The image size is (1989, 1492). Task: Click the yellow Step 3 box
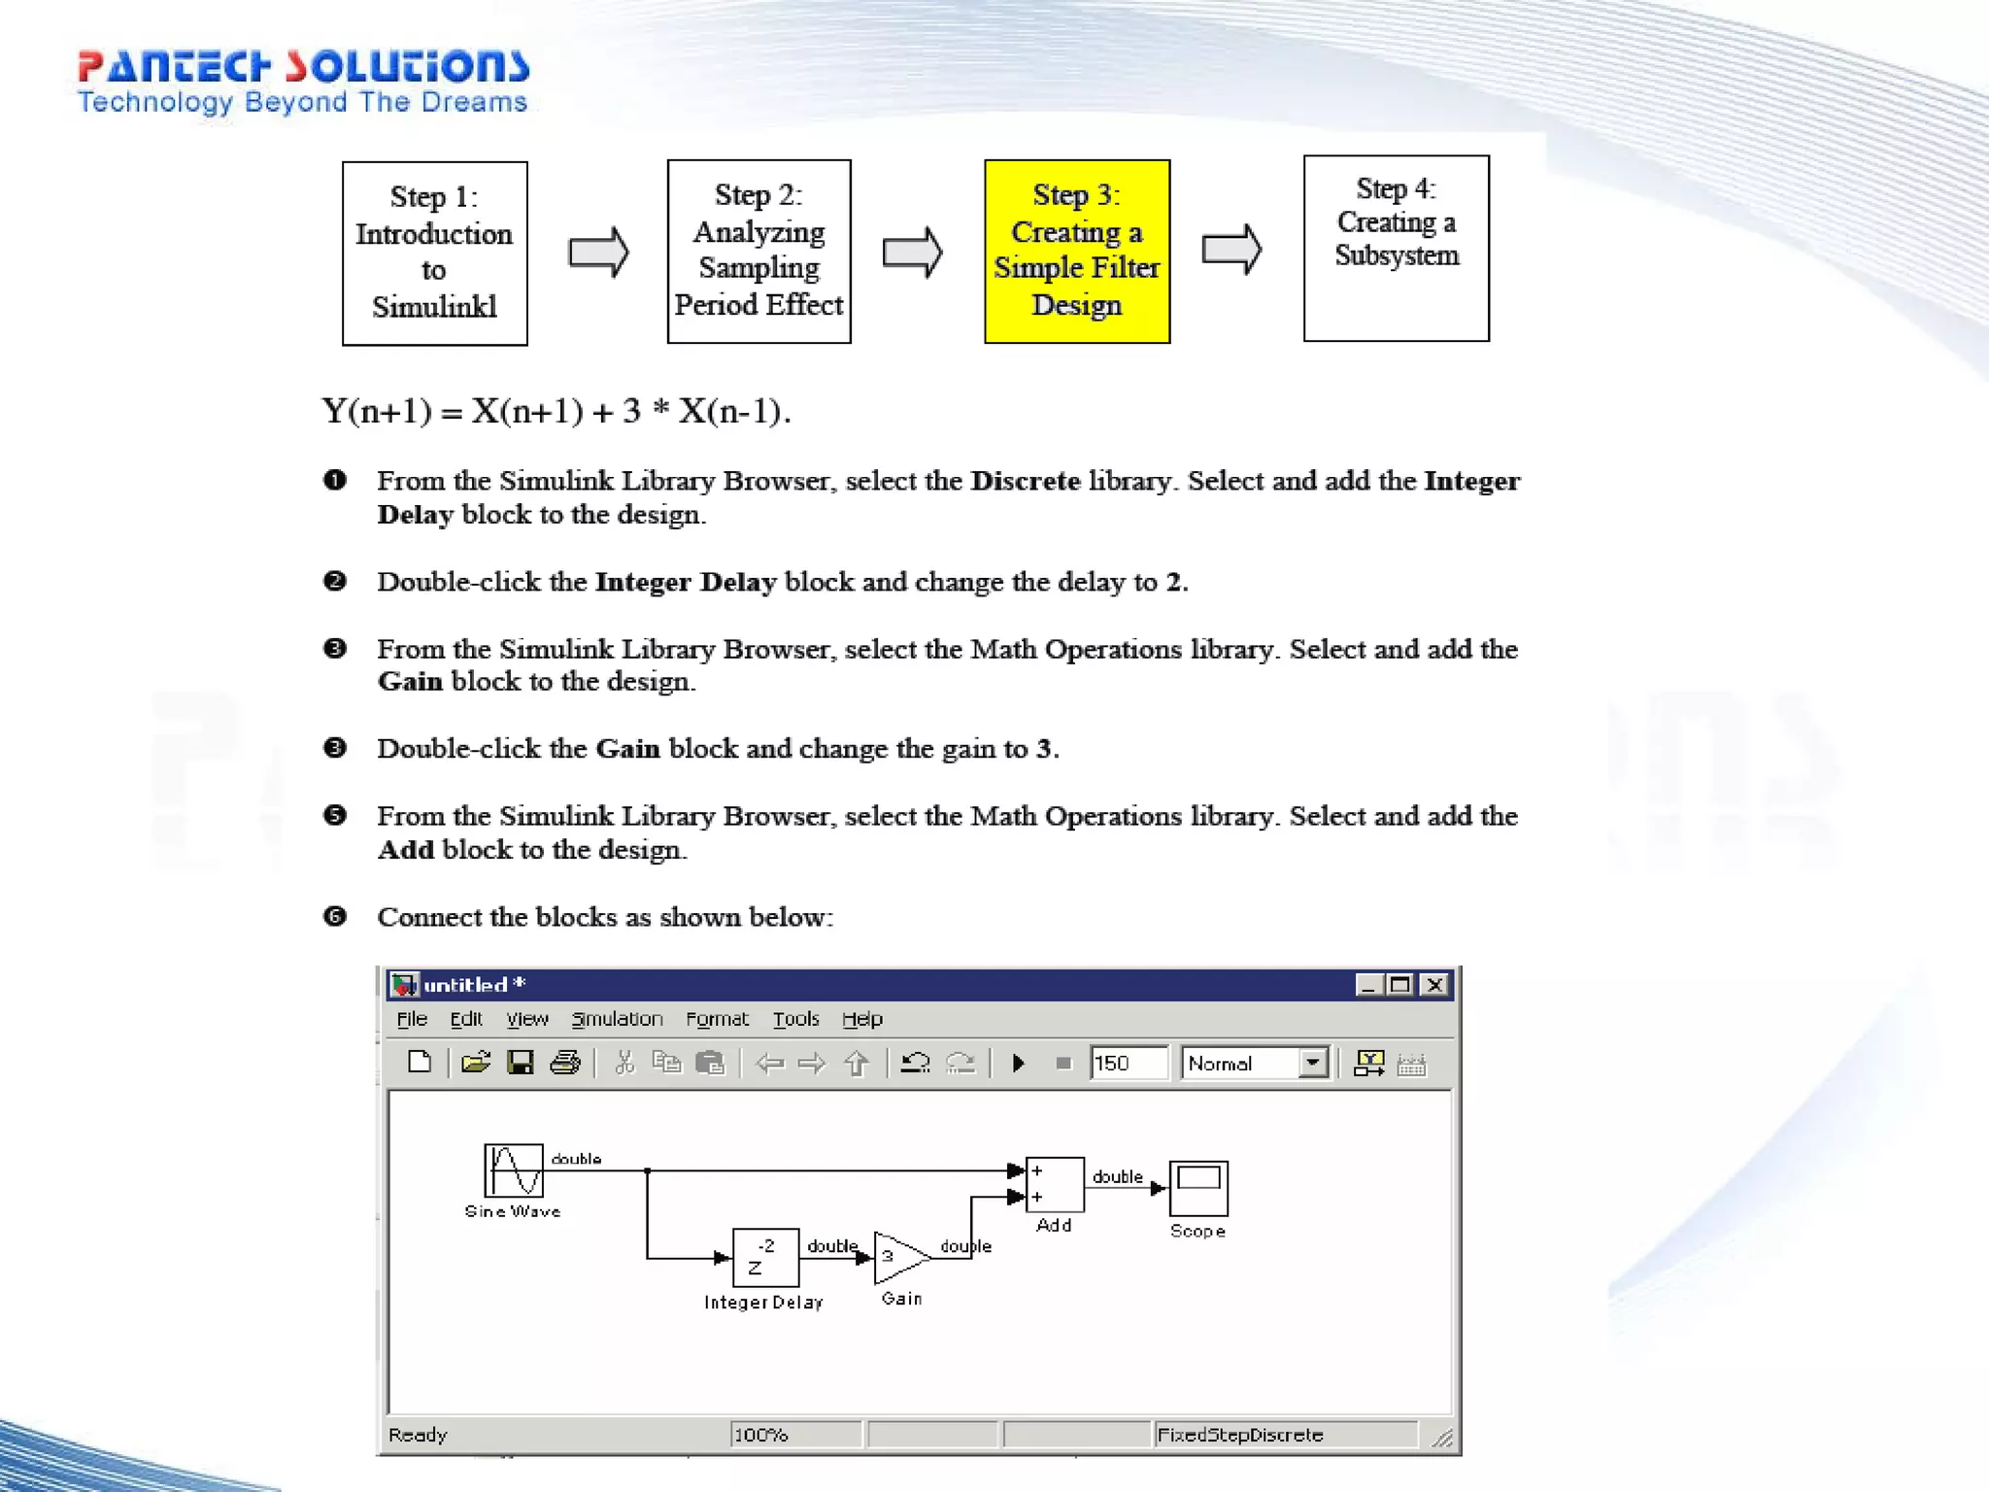pos(1077,252)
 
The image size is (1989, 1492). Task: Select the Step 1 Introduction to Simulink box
pos(434,253)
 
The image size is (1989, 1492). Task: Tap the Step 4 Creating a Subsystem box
pos(1396,249)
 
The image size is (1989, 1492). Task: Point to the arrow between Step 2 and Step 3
pos(912,253)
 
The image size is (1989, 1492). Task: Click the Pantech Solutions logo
pos(303,82)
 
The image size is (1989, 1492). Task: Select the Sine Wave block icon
pos(514,1170)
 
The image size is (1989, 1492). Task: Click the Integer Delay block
pos(765,1257)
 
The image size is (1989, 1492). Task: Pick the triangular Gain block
pos(898,1257)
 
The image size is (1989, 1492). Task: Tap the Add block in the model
pos(1055,1184)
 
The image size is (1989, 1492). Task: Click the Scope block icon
pos(1198,1187)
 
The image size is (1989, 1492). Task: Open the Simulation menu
pos(617,1019)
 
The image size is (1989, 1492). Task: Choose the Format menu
pos(717,1019)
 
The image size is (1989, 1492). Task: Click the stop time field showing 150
pos(1127,1063)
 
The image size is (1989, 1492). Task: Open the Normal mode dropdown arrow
pos(1313,1063)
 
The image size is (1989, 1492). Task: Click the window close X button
pos(1434,985)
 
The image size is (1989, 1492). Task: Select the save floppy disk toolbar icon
pos(521,1063)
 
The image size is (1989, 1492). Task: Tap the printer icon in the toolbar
pos(565,1063)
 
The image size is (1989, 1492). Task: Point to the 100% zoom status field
pos(794,1435)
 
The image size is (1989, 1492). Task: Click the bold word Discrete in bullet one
pos(1026,481)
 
